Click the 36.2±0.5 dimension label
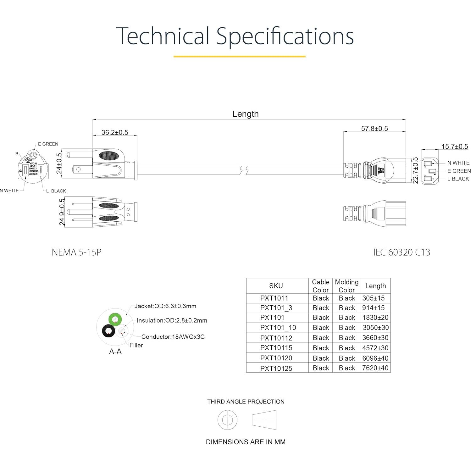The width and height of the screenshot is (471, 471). (x=115, y=132)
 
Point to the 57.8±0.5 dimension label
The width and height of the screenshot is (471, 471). (x=374, y=129)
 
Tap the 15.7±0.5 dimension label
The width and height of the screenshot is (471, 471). (x=454, y=147)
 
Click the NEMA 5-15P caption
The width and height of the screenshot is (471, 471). (x=76, y=252)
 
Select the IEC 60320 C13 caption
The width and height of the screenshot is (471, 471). (x=402, y=252)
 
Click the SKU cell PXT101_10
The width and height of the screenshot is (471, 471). (x=278, y=328)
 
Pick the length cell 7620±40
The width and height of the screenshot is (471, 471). (x=375, y=368)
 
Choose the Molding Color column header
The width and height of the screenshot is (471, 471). (x=346, y=286)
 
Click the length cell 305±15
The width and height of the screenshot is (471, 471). (x=373, y=298)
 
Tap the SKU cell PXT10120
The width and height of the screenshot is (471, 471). (x=276, y=358)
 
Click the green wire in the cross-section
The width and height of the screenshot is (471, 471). (x=115, y=319)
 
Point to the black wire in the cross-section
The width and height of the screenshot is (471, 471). (x=109, y=331)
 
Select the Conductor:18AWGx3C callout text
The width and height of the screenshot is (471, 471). (x=173, y=337)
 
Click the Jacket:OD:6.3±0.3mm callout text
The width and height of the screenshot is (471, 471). (x=165, y=306)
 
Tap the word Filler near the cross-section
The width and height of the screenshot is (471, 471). (x=136, y=345)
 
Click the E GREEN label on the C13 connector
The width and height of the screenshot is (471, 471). (x=459, y=171)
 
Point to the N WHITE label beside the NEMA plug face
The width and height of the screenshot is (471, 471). (x=9, y=191)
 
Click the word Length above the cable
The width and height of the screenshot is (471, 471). (x=245, y=114)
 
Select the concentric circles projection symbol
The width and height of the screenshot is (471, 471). (x=227, y=420)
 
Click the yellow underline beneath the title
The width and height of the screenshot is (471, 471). (x=239, y=57)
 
